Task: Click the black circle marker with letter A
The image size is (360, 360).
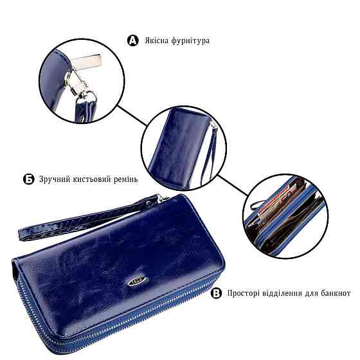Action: (133, 40)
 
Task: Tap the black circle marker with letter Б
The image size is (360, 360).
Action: (29, 179)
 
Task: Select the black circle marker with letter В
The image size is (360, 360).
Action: (216, 293)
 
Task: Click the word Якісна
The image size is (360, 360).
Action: (157, 40)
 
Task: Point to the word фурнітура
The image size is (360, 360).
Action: (191, 41)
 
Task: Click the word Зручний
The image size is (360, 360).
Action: (54, 179)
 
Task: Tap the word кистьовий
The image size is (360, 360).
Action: (91, 179)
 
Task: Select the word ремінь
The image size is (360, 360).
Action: (126, 179)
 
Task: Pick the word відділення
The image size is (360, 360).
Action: (282, 293)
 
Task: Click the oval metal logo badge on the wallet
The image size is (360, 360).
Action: (137, 280)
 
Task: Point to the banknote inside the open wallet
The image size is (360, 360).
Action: (278, 202)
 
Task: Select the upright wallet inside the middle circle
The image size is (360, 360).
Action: (177, 147)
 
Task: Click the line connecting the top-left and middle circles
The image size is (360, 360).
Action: (132, 116)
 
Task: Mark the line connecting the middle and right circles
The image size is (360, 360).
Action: (233, 186)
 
